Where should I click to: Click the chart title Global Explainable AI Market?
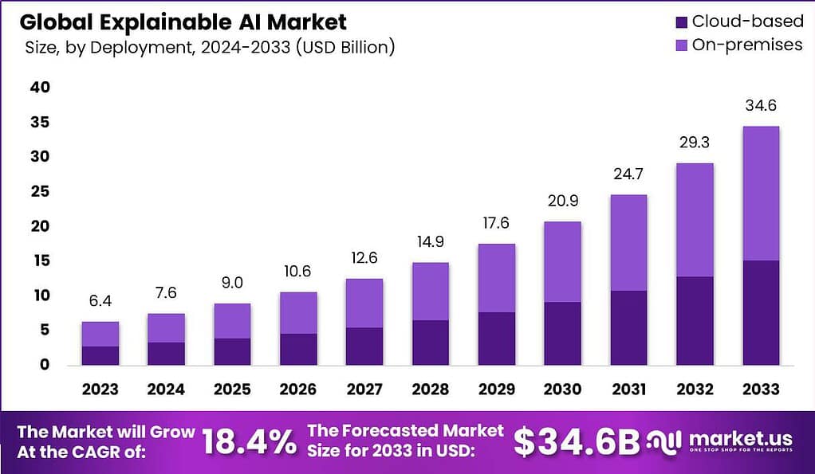tap(183, 22)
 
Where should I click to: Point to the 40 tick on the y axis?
tap(39, 87)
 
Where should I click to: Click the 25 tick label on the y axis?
tap(39, 191)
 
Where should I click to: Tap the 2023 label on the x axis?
tap(100, 390)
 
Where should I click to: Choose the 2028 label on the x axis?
tap(431, 390)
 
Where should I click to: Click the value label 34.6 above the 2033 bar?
tap(761, 106)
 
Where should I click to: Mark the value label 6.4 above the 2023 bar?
tap(100, 301)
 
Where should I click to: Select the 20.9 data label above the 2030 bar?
tap(563, 202)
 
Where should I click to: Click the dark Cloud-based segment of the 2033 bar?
tap(761, 312)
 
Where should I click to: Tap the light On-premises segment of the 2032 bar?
tap(695, 220)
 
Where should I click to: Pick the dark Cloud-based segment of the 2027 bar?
tap(364, 346)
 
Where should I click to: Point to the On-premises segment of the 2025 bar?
tap(232, 321)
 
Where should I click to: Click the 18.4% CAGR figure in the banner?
tap(248, 442)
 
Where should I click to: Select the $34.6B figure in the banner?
tap(576, 442)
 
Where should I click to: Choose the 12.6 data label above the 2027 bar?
tap(364, 259)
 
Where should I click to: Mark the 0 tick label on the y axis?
tap(44, 365)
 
